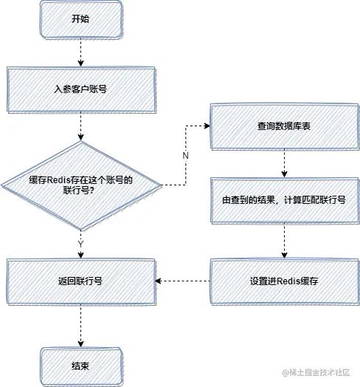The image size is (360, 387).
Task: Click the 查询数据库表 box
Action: point(284,126)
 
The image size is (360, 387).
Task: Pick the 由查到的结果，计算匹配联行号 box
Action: point(284,199)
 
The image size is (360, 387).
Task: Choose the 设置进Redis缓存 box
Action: point(284,281)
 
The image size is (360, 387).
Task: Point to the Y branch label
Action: point(80,242)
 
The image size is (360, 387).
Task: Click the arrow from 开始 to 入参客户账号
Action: point(80,53)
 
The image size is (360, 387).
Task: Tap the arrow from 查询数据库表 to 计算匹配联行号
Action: point(284,162)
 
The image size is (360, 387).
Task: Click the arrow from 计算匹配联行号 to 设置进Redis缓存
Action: point(284,241)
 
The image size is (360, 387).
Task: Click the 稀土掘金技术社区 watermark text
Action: point(317,374)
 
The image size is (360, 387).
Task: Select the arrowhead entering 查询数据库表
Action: point(207,126)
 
